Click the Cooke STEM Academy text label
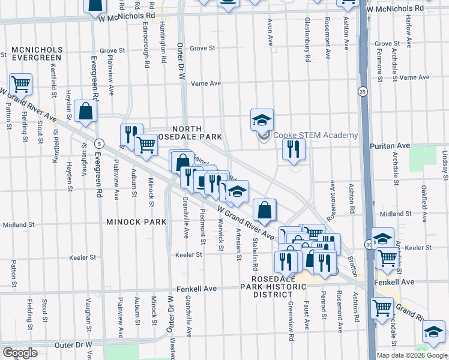(x=316, y=136)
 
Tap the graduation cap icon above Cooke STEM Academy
(x=262, y=120)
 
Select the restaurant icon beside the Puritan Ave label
(x=293, y=149)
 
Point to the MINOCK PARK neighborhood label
(x=136, y=222)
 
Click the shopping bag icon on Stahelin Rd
(x=264, y=211)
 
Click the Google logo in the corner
(x=20, y=353)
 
